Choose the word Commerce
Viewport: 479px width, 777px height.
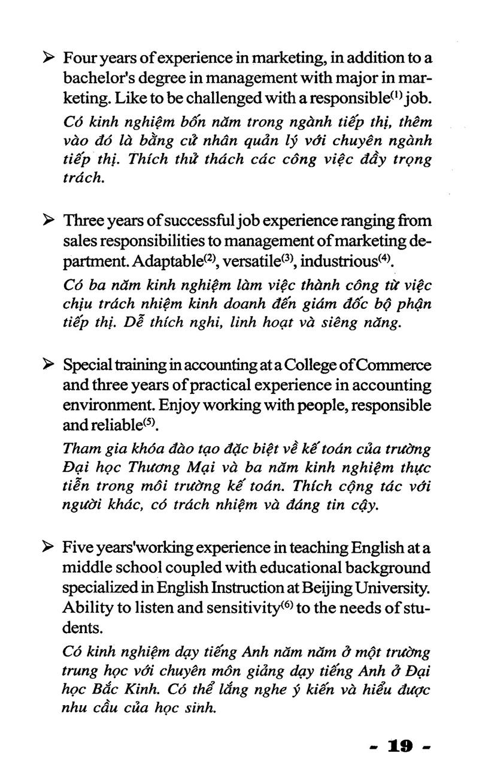point(393,365)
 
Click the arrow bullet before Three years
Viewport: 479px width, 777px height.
point(49,221)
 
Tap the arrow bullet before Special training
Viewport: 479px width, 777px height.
point(49,365)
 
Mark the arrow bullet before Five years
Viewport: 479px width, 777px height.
point(49,547)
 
